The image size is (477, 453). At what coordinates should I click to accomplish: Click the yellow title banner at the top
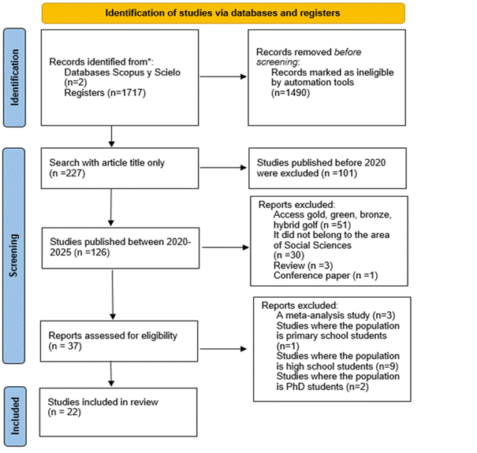(223, 13)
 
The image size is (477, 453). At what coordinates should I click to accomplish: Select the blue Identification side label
(14, 77)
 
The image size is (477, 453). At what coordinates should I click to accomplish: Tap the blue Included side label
(15, 416)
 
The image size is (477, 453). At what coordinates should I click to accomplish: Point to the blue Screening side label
(13, 256)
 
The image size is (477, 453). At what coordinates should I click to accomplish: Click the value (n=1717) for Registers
(126, 92)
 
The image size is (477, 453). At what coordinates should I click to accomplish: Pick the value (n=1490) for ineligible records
(290, 92)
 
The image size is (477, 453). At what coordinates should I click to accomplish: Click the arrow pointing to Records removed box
(223, 76)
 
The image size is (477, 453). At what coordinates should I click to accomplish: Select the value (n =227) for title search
(67, 173)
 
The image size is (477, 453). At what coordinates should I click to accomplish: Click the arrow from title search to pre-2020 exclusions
(223, 168)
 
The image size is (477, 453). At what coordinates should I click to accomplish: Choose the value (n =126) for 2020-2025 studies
(91, 252)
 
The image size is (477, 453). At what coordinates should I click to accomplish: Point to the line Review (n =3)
(303, 265)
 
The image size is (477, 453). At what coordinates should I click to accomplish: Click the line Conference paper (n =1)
(326, 276)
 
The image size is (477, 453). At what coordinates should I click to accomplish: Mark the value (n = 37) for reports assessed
(65, 346)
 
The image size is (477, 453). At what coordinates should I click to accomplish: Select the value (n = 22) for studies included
(64, 412)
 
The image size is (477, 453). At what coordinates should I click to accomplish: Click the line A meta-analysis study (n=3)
(336, 316)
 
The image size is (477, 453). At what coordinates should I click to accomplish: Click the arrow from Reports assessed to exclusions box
(223, 349)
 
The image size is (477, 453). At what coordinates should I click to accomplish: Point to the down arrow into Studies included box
(111, 374)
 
